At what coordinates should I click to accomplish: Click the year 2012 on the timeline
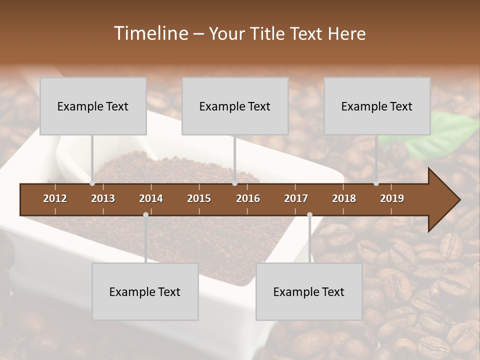pyautogui.click(x=55, y=198)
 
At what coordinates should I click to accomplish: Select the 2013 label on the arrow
pyautogui.click(x=103, y=198)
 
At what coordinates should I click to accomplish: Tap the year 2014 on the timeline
pyautogui.click(x=151, y=198)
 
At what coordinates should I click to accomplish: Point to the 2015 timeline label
pyautogui.click(x=199, y=198)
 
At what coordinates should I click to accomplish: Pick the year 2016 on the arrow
pyautogui.click(x=248, y=198)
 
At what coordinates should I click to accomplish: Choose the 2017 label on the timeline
pyautogui.click(x=296, y=198)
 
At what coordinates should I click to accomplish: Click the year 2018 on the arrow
pyautogui.click(x=344, y=198)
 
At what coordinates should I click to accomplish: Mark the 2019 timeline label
pyautogui.click(x=392, y=198)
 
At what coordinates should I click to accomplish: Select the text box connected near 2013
pyautogui.click(x=93, y=106)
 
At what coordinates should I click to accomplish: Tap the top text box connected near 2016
pyautogui.click(x=235, y=106)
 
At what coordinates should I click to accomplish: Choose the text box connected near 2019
pyautogui.click(x=377, y=106)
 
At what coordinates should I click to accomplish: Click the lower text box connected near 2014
pyautogui.click(x=145, y=291)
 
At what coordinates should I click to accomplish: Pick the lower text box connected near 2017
pyautogui.click(x=309, y=291)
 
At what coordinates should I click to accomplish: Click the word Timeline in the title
pyautogui.click(x=150, y=33)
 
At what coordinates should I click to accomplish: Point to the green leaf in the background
pyautogui.click(x=440, y=135)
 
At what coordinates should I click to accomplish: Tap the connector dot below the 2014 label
pyautogui.click(x=145, y=214)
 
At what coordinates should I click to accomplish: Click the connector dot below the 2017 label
pyautogui.click(x=309, y=214)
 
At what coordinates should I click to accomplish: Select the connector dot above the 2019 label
pyautogui.click(x=376, y=183)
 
